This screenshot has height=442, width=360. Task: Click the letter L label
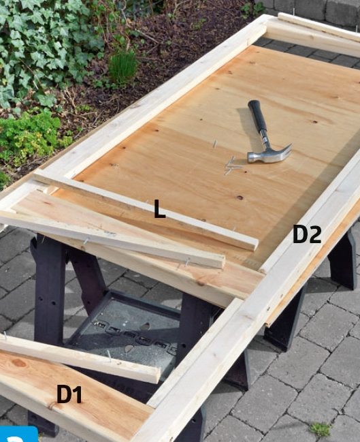point(160,208)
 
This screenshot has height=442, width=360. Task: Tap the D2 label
point(306,234)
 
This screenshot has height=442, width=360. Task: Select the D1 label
point(69,394)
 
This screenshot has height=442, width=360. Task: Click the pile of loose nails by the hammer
point(232,165)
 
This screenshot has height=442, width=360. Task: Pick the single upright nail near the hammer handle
point(214,144)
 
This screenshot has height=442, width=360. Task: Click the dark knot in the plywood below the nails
point(240,198)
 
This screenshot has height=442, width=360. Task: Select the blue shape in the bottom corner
point(18,434)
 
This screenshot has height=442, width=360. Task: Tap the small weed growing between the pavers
point(321,430)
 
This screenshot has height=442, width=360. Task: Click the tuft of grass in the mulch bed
point(122,67)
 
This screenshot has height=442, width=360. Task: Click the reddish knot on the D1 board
point(19,363)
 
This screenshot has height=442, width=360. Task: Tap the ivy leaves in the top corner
point(42,42)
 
